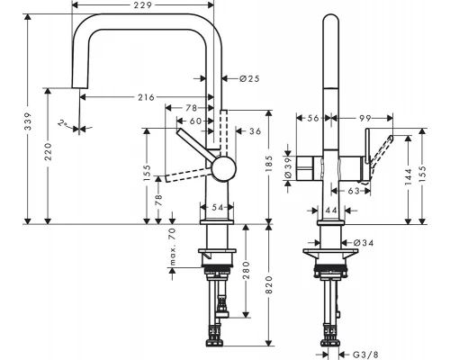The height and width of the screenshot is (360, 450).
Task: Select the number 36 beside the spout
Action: (x=255, y=131)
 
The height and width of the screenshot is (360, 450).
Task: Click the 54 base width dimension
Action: (x=217, y=208)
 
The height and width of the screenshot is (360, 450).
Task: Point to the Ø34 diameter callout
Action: (x=364, y=242)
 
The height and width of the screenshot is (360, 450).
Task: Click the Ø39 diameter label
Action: (x=289, y=167)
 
